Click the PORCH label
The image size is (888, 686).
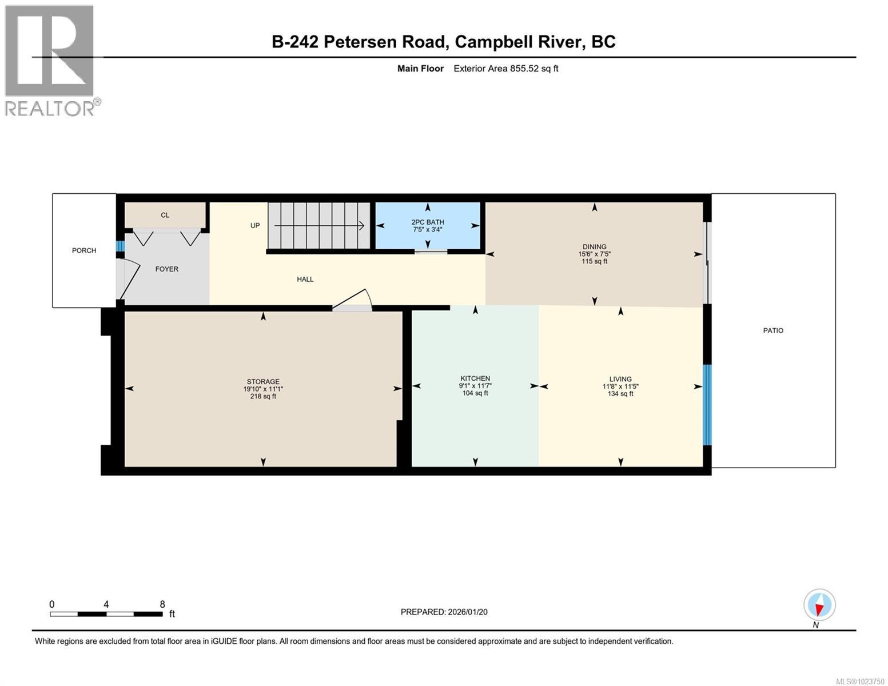(x=84, y=250)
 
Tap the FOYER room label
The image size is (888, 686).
(x=167, y=269)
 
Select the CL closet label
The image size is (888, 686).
(x=165, y=215)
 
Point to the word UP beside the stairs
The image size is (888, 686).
(x=255, y=225)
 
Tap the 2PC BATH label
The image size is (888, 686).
(x=427, y=222)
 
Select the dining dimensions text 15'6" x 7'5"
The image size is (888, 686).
(x=595, y=254)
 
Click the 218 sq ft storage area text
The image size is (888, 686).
(x=263, y=396)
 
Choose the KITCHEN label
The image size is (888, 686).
(x=475, y=378)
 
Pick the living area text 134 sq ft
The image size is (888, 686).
(x=620, y=394)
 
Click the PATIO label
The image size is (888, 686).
(x=773, y=330)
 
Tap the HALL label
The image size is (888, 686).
(x=305, y=279)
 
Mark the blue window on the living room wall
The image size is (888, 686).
(x=707, y=404)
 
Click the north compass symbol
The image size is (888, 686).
(x=819, y=605)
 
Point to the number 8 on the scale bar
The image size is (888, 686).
(x=162, y=604)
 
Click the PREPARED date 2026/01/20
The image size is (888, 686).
(x=467, y=612)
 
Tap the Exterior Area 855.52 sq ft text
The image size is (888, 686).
(x=505, y=69)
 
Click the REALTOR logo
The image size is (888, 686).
(x=51, y=60)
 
